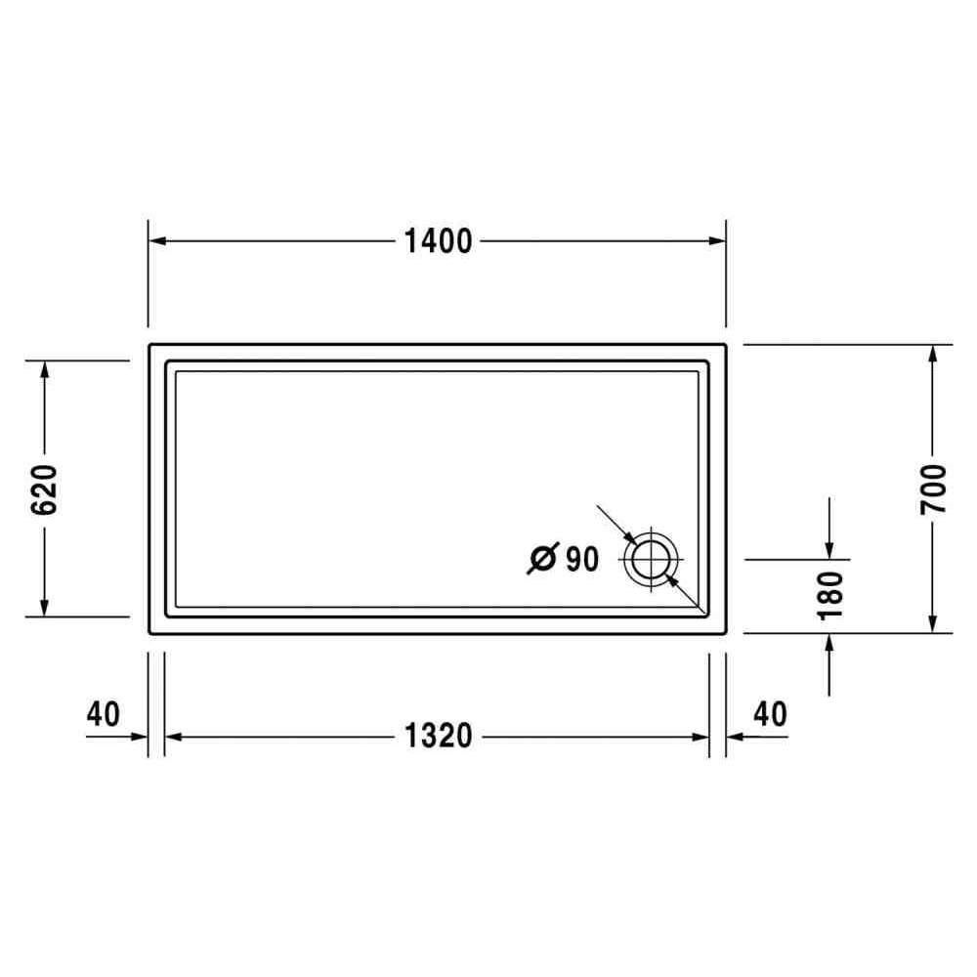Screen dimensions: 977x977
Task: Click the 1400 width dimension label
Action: click(438, 241)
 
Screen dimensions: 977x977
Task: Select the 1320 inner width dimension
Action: click(438, 736)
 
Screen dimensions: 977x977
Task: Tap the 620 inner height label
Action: click(44, 489)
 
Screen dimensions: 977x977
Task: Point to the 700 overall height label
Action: click(933, 489)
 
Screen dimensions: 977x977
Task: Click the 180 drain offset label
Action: click(830, 596)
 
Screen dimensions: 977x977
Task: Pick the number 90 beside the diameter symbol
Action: click(582, 559)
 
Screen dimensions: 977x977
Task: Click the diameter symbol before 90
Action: click(542, 558)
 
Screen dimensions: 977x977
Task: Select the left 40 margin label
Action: click(103, 714)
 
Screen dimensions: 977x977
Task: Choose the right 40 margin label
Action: click(770, 714)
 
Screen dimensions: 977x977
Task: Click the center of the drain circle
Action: click(651, 559)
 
